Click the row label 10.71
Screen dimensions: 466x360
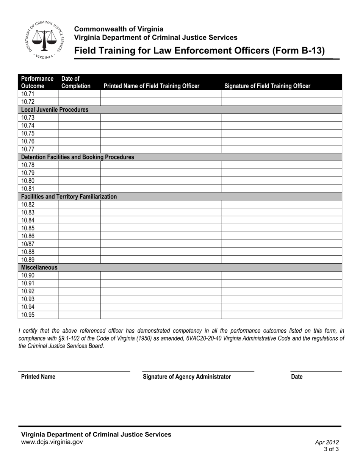coord(28,94)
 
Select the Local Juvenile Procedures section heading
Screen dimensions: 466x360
coord(55,110)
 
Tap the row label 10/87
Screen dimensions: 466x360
coord(28,244)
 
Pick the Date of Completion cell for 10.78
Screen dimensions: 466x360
coord(79,165)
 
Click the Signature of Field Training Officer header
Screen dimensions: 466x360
coord(267,86)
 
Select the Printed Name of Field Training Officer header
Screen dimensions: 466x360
coord(151,86)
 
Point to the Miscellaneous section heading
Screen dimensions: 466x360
coord(39,267)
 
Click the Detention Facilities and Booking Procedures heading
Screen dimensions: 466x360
coord(77,157)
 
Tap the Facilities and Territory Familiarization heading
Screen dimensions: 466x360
coord(69,197)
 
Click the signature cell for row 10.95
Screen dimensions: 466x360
coord(281,315)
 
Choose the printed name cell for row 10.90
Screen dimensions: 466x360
coord(161,275)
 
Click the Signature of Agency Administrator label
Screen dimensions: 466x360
coord(186,377)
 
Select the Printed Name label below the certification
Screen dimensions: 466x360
coord(38,377)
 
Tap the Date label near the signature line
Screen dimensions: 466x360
coord(297,377)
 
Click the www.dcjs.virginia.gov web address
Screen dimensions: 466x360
coord(52,442)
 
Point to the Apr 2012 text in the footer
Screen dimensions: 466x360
coord(327,442)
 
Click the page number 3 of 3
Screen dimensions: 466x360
coord(331,449)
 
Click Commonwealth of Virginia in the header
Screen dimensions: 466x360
coord(119,29)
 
